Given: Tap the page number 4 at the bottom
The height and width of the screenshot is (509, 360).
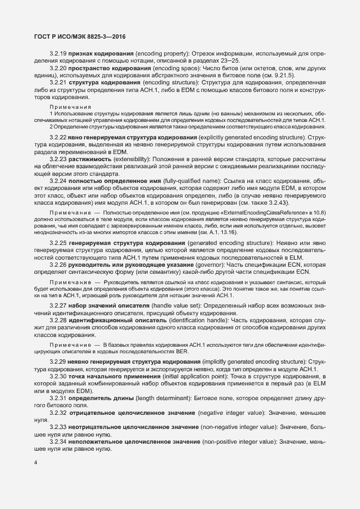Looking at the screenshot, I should click(35, 463).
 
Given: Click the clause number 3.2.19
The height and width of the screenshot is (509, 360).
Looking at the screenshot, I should click(58, 54).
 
